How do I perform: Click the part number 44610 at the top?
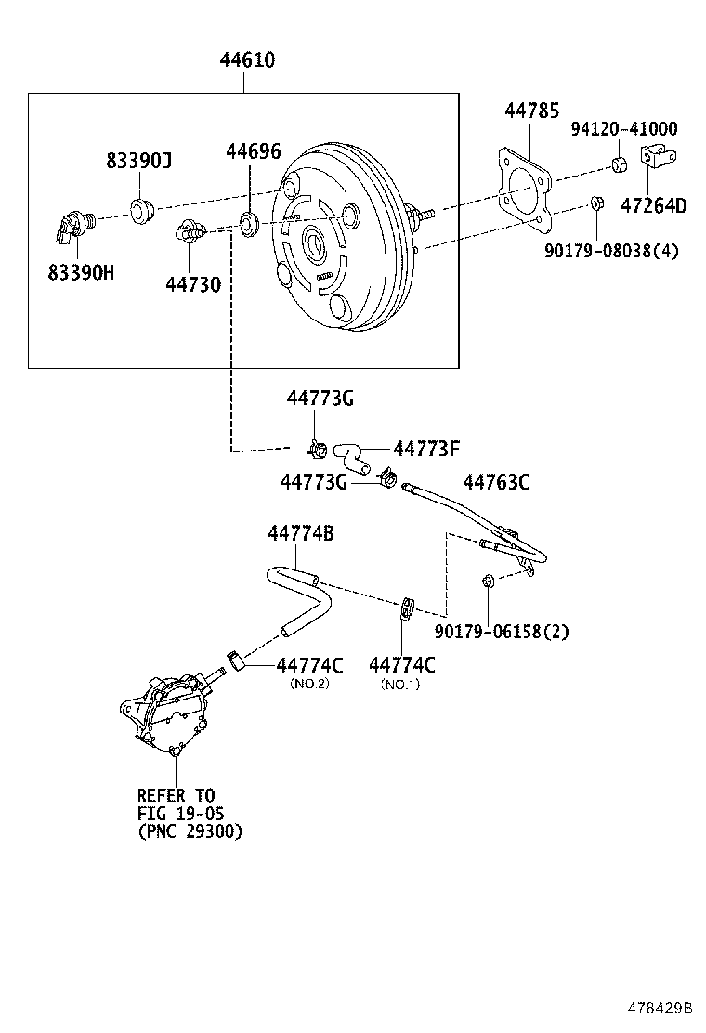click(247, 61)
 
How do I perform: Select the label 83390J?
click(137, 162)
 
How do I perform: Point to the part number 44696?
click(254, 152)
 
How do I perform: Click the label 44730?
click(193, 284)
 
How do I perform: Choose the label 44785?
click(531, 111)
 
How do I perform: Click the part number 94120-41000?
click(623, 129)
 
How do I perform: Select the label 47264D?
click(653, 206)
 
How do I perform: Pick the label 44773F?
click(426, 450)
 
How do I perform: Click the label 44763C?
click(496, 482)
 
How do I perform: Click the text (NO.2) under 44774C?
click(309, 684)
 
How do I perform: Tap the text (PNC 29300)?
click(190, 831)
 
